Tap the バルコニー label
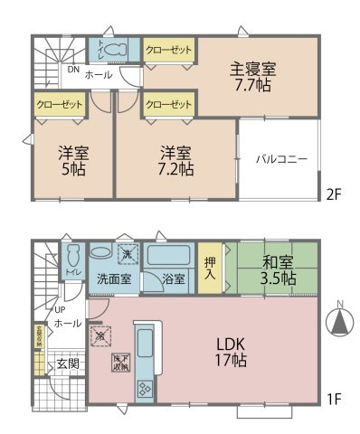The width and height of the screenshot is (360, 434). point(281,158)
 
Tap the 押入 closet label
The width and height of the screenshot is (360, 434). point(208,264)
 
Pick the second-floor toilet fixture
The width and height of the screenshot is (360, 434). point(113,50)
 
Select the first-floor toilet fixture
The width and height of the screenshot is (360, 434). point(73,257)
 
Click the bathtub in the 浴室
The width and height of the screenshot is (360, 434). point(167,257)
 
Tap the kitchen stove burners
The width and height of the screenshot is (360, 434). point(146,389)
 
